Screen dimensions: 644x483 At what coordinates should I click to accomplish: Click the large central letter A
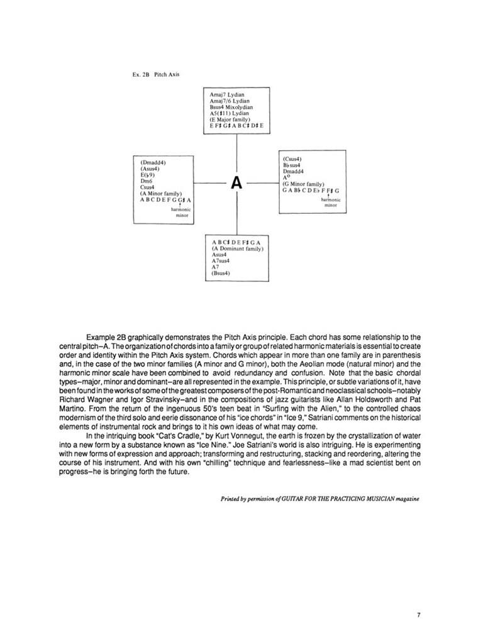click(236, 183)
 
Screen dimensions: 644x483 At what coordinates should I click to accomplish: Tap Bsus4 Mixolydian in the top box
click(232, 107)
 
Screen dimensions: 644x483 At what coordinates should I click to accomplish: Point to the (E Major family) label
click(231, 119)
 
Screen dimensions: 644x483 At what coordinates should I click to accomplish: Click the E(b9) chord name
click(148, 175)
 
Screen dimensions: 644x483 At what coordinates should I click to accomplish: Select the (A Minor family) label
click(161, 193)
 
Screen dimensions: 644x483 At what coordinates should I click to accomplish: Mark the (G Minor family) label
click(303, 184)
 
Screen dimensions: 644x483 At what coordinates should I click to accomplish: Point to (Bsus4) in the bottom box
click(221, 273)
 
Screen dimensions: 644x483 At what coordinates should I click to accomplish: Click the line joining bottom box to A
click(236, 214)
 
